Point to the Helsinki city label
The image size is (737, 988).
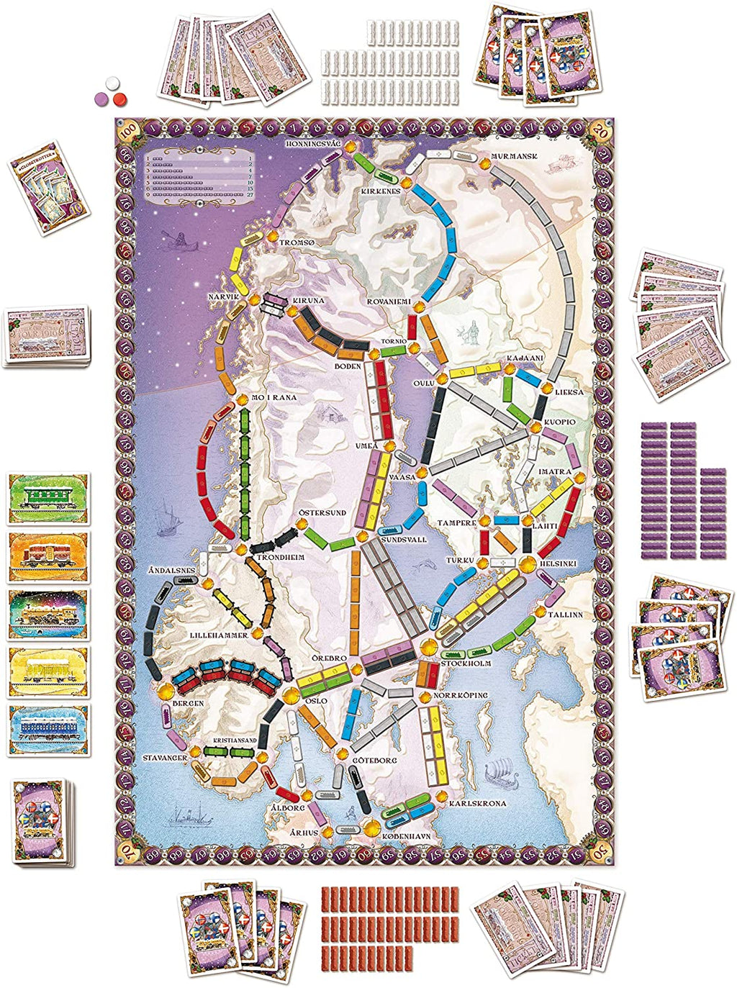click(559, 563)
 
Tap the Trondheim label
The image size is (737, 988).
click(277, 557)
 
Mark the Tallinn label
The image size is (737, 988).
click(565, 615)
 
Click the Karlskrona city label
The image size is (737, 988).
click(477, 803)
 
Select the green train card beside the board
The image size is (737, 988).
click(48, 498)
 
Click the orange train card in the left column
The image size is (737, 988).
click(48, 556)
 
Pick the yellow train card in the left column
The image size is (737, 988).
click(48, 672)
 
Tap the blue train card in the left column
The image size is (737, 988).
click(48, 730)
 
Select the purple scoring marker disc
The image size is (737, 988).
click(103, 95)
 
